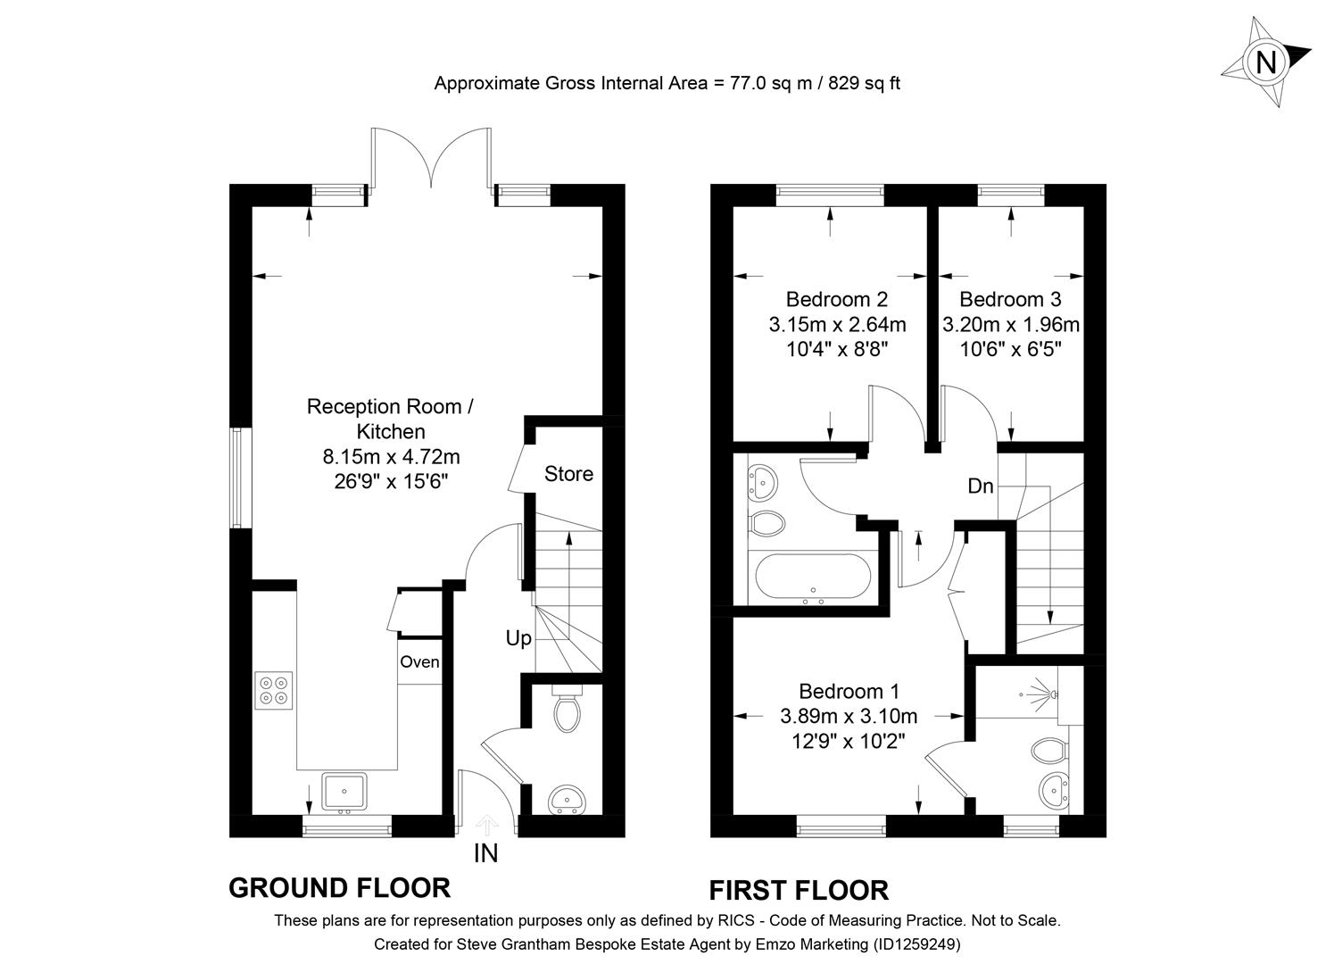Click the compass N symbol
point(1265,62)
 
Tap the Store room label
point(568,474)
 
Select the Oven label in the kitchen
point(419,662)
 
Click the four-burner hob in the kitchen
point(274,690)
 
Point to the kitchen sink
point(344,792)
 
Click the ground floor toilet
point(566,711)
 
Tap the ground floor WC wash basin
point(565,799)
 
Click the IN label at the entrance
point(485,854)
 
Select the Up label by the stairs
point(518,638)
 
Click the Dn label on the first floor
point(981,486)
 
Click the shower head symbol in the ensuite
point(1040,692)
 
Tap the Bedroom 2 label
point(836,299)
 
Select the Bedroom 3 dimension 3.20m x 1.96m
point(1011,324)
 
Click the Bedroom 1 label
point(849,691)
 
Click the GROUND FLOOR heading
point(339,888)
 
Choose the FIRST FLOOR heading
point(799,891)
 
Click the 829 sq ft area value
point(865,84)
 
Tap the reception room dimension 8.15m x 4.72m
point(391,457)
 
